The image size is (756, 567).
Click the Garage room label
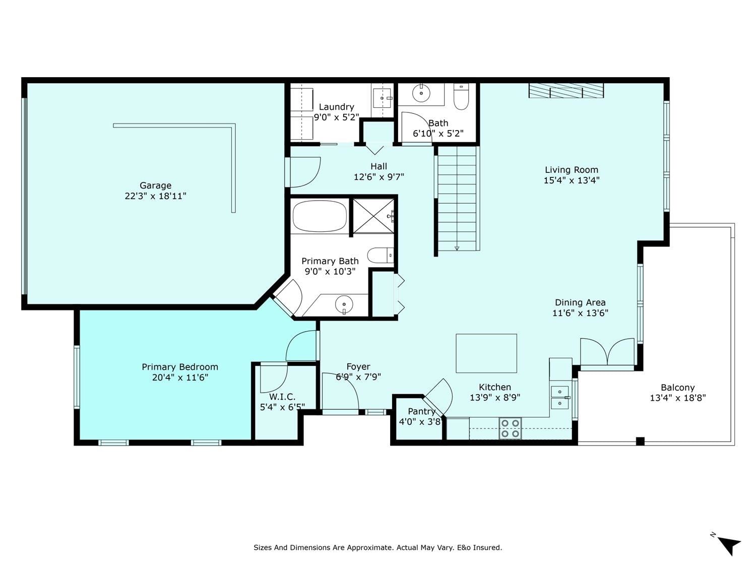pyautogui.click(x=155, y=185)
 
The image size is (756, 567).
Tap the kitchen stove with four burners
pyautogui.click(x=510, y=428)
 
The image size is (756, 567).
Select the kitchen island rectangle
pyautogui.click(x=486, y=353)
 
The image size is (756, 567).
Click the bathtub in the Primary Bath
pyautogui.click(x=320, y=216)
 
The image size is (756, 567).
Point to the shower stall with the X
pyautogui.click(x=373, y=216)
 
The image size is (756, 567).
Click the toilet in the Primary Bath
pyautogui.click(x=381, y=256)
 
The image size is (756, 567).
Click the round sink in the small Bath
pyautogui.click(x=421, y=93)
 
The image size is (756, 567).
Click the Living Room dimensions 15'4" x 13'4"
pyautogui.click(x=572, y=180)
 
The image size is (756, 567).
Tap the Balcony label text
pyautogui.click(x=677, y=388)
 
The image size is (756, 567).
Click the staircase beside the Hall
pyautogui.click(x=457, y=199)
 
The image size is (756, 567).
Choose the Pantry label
pyautogui.click(x=421, y=411)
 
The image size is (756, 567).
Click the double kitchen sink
pyautogui.click(x=559, y=398)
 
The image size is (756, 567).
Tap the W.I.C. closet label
pyautogui.click(x=282, y=397)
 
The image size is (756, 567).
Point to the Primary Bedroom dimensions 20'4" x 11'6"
pyautogui.click(x=180, y=377)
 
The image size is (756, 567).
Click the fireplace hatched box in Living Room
pyautogui.click(x=566, y=91)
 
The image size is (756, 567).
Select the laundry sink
pyautogui.click(x=382, y=98)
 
